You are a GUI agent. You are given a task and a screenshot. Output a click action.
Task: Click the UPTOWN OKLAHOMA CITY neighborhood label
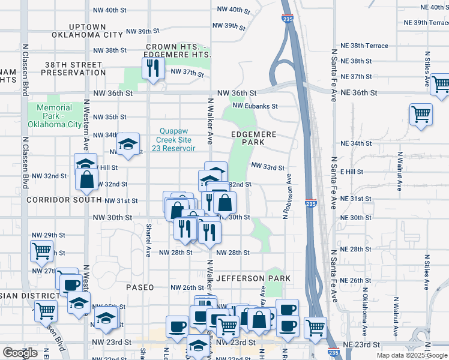tap(87, 31)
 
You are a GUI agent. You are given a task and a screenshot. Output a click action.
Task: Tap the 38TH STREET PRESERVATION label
tap(70, 68)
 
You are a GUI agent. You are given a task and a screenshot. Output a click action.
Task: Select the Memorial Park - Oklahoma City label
tap(54, 116)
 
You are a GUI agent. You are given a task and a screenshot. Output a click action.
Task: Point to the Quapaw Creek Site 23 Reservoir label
tap(177, 140)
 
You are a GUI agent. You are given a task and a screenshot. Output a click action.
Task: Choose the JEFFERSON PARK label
tap(253, 278)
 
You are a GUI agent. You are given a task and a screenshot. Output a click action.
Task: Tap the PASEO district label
tap(140, 287)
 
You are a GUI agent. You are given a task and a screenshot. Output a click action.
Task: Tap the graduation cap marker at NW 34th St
tap(128, 144)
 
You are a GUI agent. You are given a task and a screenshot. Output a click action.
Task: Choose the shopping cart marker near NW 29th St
tap(41, 251)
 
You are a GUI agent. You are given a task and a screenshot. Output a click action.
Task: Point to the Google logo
tap(20, 353)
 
